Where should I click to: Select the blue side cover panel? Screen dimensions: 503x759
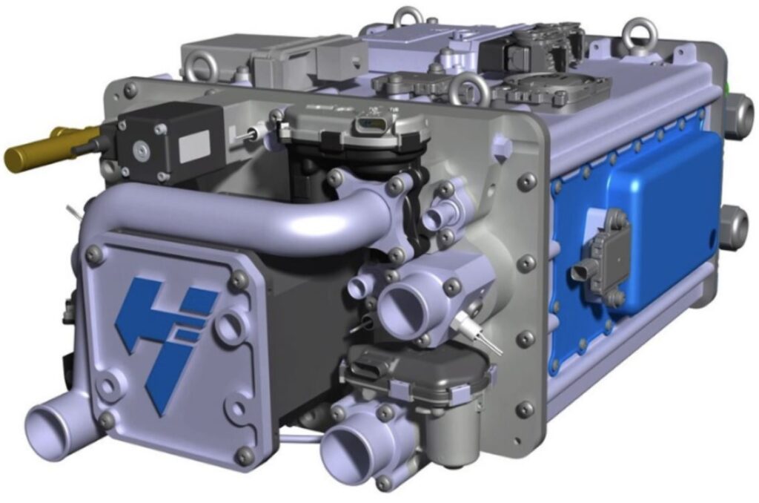click(x=652, y=215)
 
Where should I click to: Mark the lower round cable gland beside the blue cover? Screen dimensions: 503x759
click(x=736, y=226)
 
